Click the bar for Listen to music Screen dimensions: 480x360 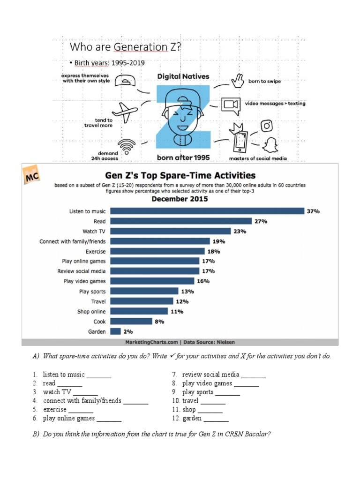coord(207,211)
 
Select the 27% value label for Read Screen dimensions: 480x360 coord(261,221)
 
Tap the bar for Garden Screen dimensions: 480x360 coord(115,331)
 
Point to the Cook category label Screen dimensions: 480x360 coord(99,322)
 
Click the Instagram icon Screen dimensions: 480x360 coord(267,126)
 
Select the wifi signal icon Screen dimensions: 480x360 coord(126,147)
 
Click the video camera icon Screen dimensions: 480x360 coord(231,104)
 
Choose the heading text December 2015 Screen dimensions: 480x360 coord(180,199)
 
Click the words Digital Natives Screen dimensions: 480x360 coord(183,76)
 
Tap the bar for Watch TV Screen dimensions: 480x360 coord(171,231)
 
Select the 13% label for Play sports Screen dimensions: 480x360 coord(187,291)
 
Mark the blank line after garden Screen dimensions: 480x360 coord(216,419)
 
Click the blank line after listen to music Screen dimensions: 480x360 coord(99,375)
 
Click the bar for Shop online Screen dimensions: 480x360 coord(139,311)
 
